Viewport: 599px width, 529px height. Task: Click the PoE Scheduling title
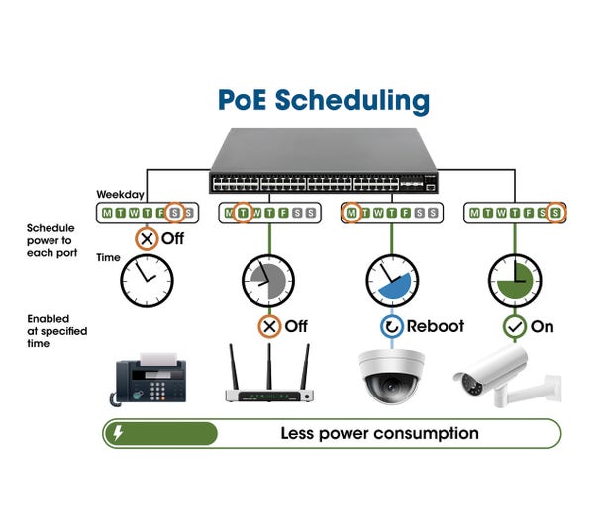point(323,100)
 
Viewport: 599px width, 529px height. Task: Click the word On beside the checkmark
point(543,326)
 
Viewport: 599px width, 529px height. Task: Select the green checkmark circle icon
point(514,326)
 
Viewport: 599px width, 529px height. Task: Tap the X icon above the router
point(268,326)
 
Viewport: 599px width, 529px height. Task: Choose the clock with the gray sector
point(268,281)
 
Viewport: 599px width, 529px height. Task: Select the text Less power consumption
point(379,433)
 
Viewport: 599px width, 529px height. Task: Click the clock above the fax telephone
point(147,281)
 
